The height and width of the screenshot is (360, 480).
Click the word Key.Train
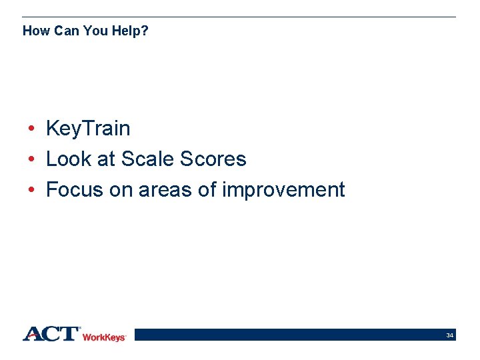pyautogui.click(x=88, y=129)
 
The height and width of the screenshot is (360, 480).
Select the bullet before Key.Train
pyautogui.click(x=31, y=129)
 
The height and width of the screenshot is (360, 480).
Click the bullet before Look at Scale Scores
pyautogui.click(x=31, y=159)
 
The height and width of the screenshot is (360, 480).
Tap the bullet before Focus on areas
pyautogui.click(x=31, y=190)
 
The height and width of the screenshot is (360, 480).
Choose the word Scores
pyautogui.click(x=213, y=159)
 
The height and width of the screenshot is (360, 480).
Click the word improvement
pyautogui.click(x=283, y=190)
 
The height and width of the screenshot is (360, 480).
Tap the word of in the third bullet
pyautogui.click(x=208, y=190)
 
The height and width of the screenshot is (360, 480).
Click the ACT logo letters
pyautogui.click(x=51, y=334)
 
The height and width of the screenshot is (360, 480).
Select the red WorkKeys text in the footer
pyautogui.click(x=104, y=337)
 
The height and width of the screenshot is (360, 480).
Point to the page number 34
pyautogui.click(x=450, y=335)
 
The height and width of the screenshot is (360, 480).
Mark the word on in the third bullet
pyautogui.click(x=121, y=190)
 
